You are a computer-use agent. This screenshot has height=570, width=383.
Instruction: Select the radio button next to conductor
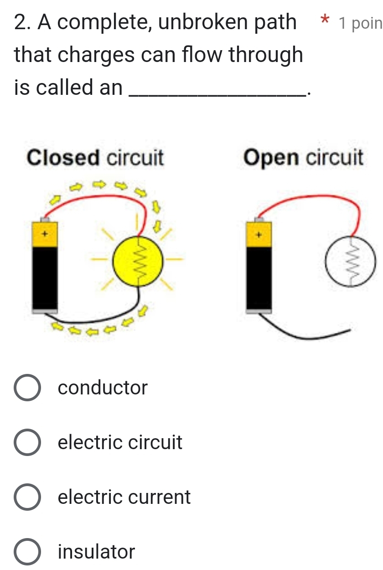pos(28,388)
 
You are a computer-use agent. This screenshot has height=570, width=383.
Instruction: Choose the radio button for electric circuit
pos(28,442)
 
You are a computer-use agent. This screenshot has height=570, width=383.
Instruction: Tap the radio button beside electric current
pos(28,497)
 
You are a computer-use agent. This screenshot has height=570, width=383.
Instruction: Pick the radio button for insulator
pos(28,551)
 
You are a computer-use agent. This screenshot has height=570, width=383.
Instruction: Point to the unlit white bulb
pos(351,264)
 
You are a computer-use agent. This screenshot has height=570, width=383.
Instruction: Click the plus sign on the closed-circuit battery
pos(45,233)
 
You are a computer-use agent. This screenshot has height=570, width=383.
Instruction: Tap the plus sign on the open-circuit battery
pos(259,234)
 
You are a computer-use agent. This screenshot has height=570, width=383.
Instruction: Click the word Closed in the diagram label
pos(63,158)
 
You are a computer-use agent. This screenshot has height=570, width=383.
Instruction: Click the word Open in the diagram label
pos(273,158)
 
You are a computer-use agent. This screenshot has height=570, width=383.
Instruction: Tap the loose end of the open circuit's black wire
pos(349,331)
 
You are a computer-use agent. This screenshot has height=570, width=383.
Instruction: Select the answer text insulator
pos(97,552)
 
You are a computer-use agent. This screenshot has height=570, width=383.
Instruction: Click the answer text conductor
pos(103,388)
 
